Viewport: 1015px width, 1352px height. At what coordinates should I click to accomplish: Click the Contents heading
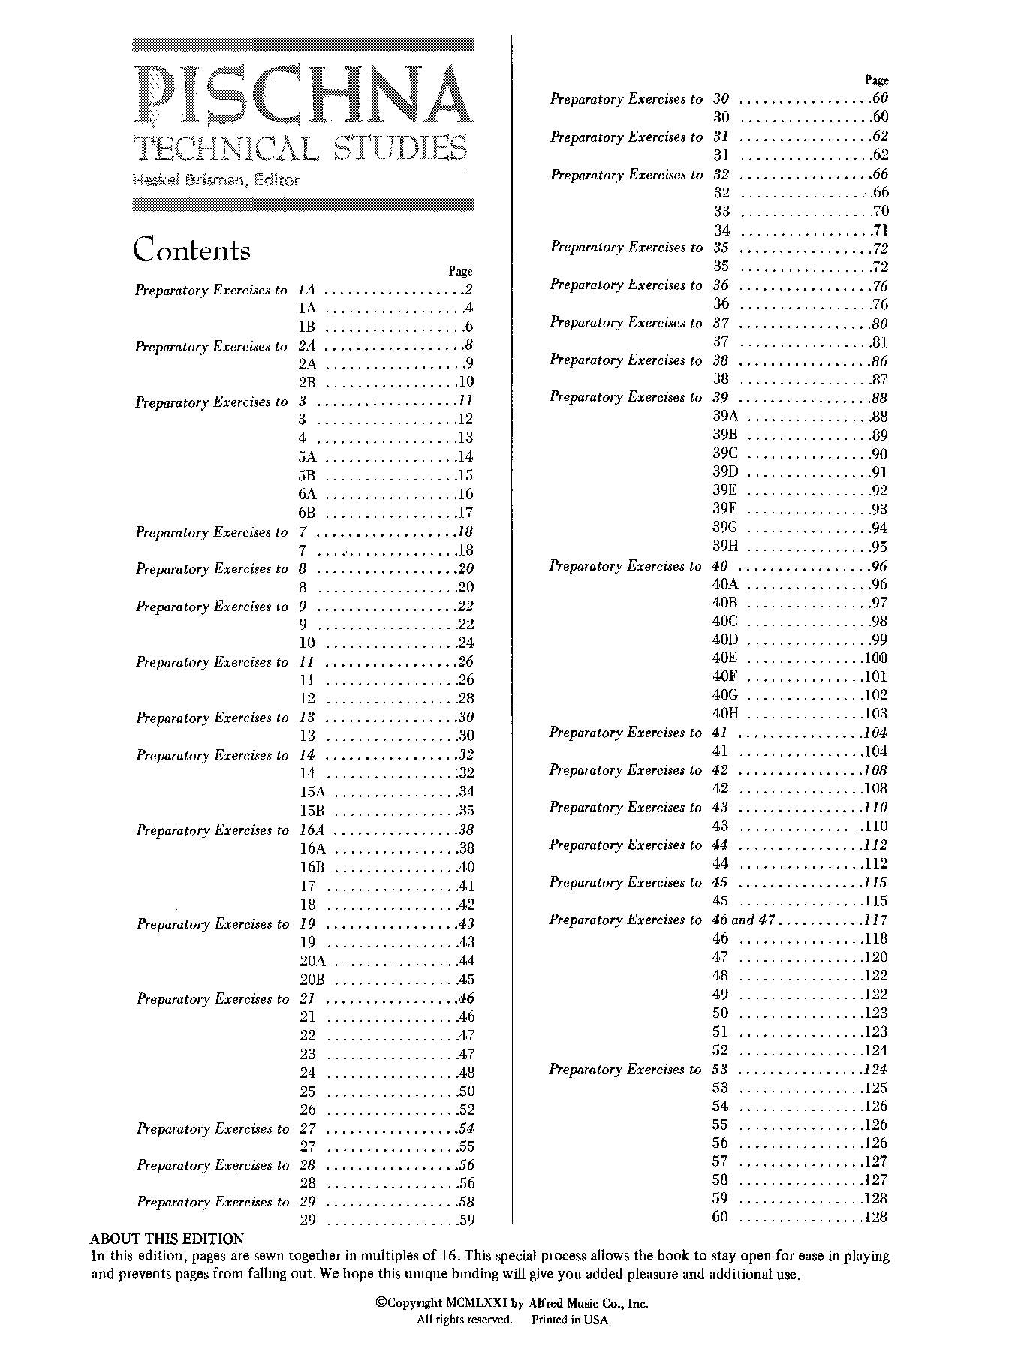click(x=191, y=250)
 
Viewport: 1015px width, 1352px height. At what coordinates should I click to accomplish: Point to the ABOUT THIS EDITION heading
click(x=167, y=1239)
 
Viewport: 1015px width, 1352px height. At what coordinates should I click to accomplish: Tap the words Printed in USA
click(x=571, y=1320)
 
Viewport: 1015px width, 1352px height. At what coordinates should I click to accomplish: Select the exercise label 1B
click(x=306, y=327)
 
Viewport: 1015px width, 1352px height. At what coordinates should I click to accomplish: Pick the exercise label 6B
click(x=306, y=513)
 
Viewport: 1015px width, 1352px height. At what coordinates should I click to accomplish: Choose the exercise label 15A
click(x=312, y=792)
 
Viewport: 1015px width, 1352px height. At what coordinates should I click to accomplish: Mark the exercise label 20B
click(x=312, y=980)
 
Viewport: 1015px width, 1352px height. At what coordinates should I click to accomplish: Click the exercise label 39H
click(x=725, y=547)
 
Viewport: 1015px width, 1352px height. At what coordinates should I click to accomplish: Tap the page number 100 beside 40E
click(x=875, y=658)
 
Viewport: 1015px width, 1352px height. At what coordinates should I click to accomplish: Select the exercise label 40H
click(x=725, y=714)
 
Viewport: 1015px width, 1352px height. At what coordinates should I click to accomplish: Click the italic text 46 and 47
click(x=743, y=920)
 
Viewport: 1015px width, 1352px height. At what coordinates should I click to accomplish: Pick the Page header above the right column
click(x=876, y=80)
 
